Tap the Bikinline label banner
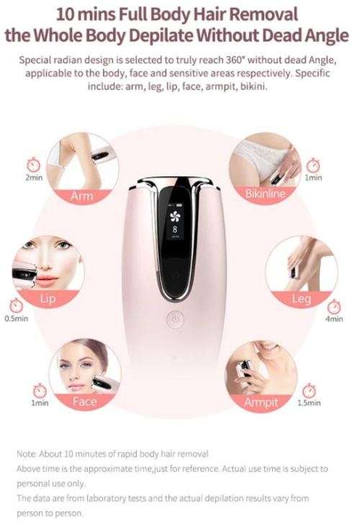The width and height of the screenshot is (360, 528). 265,194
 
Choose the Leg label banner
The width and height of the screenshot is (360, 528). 300,299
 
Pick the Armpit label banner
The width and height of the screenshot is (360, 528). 261,402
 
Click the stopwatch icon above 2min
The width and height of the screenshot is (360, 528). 32,163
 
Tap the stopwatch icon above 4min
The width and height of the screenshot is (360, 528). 333,305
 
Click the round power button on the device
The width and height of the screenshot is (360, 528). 173,319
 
